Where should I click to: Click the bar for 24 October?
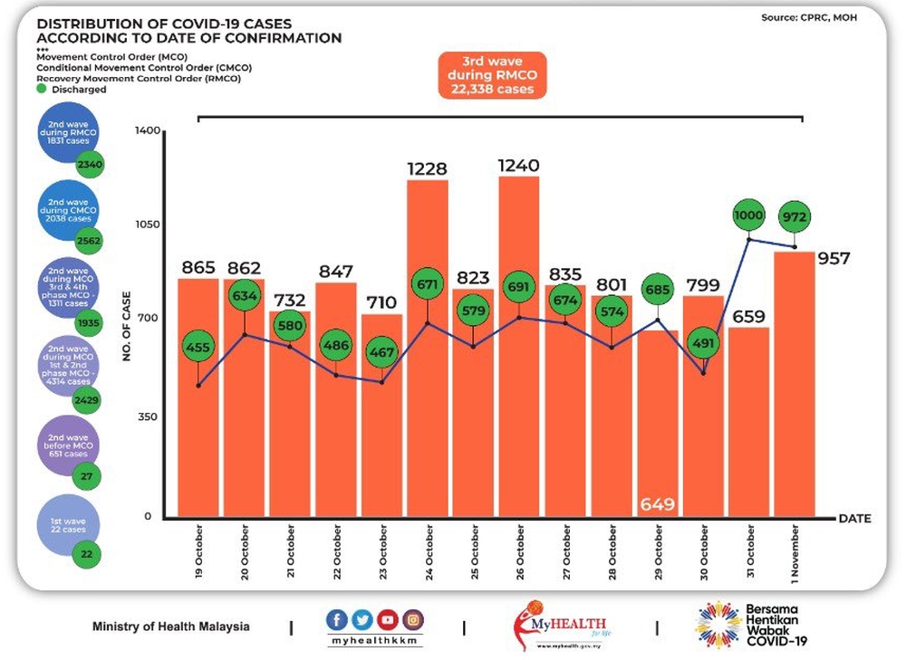click(428, 349)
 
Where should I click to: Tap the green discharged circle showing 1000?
click(750, 216)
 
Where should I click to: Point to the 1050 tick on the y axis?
click(146, 225)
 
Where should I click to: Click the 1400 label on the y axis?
click(147, 131)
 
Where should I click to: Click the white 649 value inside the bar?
click(658, 504)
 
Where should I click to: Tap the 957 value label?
click(834, 259)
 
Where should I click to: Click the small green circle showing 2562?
click(89, 241)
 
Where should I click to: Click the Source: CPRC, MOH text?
click(809, 16)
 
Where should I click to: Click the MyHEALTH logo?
click(549, 625)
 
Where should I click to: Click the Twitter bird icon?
click(362, 620)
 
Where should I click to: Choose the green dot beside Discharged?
click(42, 89)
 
